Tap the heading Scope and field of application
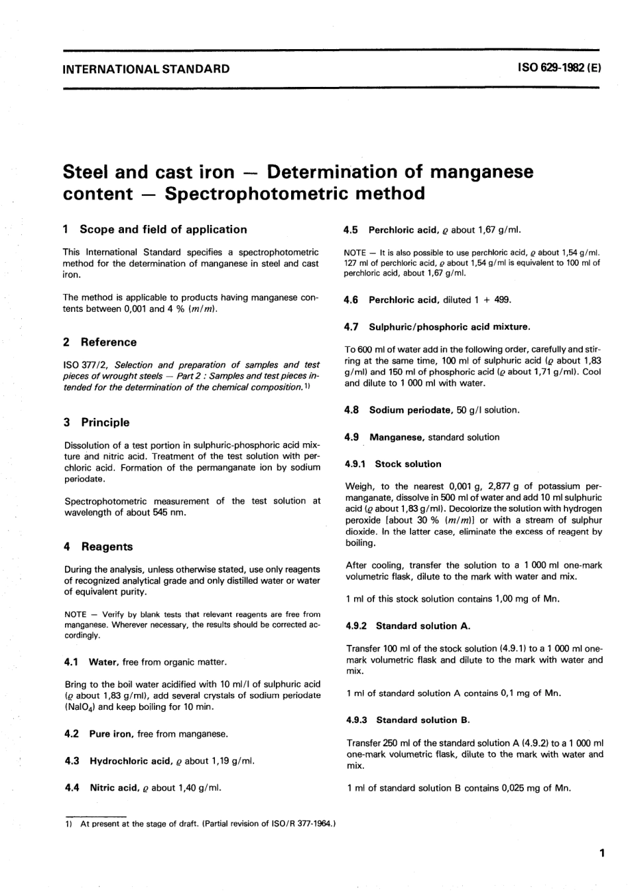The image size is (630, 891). click(163, 230)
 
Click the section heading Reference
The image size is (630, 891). click(109, 342)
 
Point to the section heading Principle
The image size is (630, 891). click(105, 423)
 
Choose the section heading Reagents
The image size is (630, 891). click(107, 547)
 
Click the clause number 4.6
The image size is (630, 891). click(351, 300)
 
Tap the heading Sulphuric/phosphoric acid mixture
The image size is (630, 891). click(450, 327)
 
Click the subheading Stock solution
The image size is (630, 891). click(408, 464)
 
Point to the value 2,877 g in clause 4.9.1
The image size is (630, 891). click(487, 486)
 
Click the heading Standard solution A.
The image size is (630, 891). click(417, 626)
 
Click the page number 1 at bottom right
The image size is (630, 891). click(601, 853)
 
